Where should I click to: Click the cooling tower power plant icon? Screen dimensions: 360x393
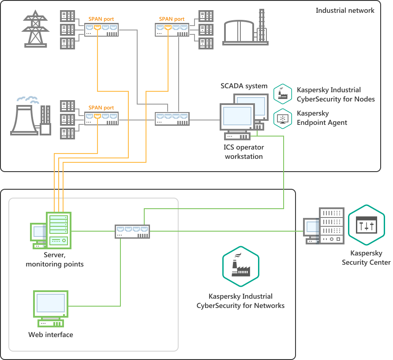coord(30,116)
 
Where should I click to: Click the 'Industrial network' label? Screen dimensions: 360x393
coord(345,11)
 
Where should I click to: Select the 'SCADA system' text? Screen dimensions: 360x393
coord(244,86)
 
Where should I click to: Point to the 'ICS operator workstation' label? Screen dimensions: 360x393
coord(244,152)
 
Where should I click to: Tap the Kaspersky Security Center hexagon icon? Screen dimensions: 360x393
coord(367,225)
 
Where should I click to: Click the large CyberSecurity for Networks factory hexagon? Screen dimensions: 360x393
coord(240,266)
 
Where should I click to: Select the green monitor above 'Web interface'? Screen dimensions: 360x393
coord(51,304)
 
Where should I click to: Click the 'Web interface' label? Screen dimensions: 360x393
coord(51,335)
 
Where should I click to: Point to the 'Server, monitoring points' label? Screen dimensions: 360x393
coord(55,259)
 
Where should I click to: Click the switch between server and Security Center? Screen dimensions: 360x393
coord(132,231)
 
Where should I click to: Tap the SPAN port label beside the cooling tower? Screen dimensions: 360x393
coord(101,108)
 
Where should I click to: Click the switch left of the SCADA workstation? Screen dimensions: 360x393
coord(172,119)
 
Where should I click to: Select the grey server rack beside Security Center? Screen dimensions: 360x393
coord(332,225)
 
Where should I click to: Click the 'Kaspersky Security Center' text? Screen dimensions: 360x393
coord(366,258)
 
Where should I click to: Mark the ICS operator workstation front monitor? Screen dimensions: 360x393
coord(237,117)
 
